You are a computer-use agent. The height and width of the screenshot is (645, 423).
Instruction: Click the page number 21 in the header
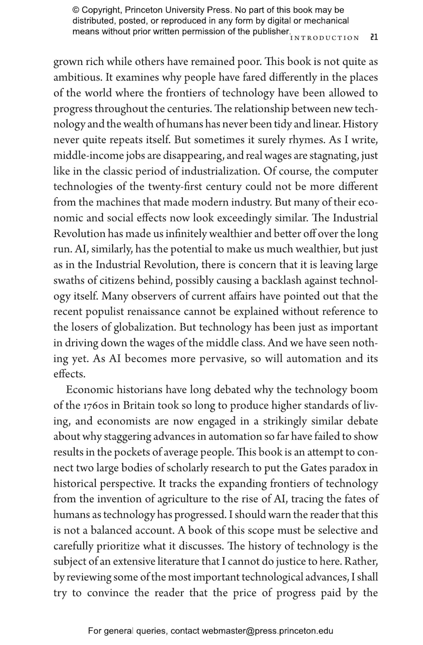[374, 37]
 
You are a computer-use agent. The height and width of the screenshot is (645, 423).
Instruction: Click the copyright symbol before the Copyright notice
[76, 10]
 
